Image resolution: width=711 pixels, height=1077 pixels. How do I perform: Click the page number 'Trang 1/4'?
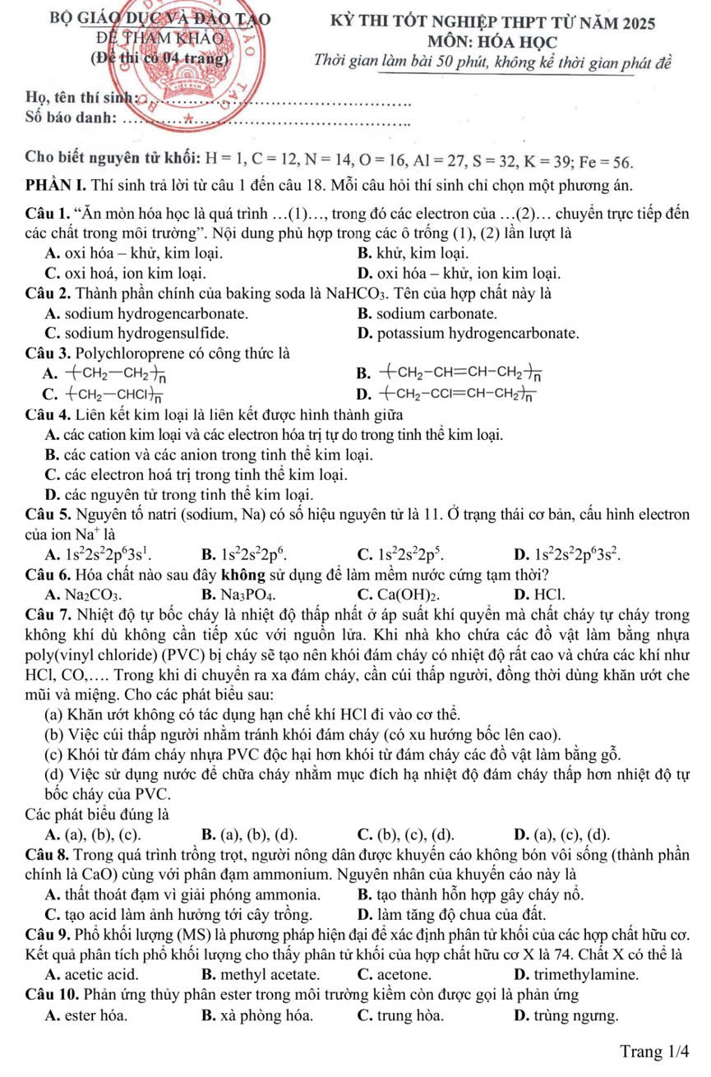[x=654, y=1051]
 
